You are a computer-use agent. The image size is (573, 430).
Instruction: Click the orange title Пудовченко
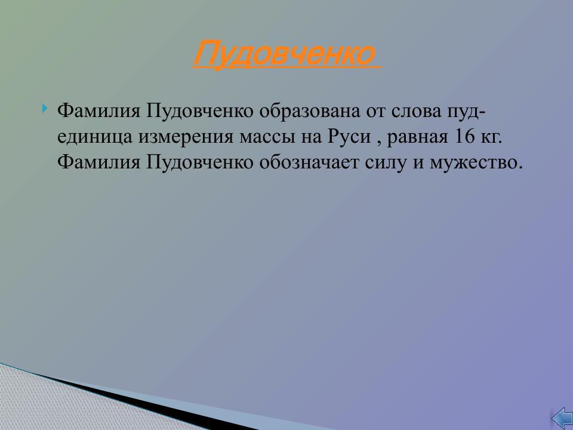pyautogui.click(x=284, y=54)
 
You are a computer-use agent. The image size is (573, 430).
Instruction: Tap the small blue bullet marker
pyautogui.click(x=46, y=109)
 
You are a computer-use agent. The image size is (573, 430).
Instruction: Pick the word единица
pyautogui.click(x=96, y=137)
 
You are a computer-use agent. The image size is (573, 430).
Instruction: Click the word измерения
pyautogui.click(x=187, y=137)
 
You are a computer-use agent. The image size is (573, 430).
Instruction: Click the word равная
pyautogui.click(x=418, y=137)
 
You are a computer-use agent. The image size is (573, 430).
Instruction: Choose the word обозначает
pyautogui.click(x=308, y=162)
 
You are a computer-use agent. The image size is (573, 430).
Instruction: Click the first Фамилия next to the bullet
pyautogui.click(x=98, y=111)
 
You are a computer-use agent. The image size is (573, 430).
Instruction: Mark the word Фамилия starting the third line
pyautogui.click(x=98, y=162)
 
